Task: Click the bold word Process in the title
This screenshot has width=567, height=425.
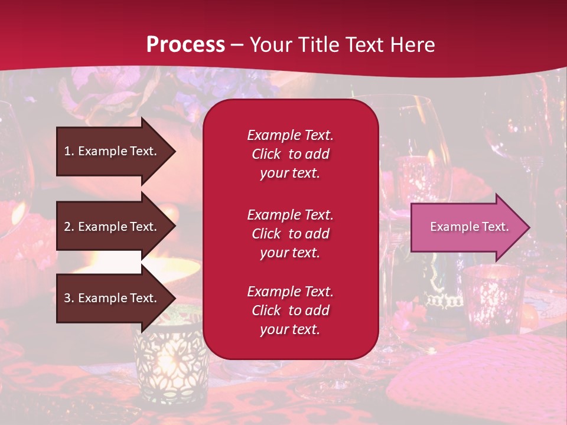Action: coord(185,45)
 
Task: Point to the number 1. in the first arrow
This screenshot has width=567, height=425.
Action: coord(69,151)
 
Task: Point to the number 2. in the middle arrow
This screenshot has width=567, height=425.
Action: coord(69,227)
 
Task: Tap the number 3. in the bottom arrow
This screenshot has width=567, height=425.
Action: coord(69,298)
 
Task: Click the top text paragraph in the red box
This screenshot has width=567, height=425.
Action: coord(290,154)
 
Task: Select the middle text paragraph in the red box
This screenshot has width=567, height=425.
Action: coord(290,234)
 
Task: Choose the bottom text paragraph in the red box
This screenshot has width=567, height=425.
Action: coord(290,310)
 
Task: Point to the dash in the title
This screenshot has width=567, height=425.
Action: coord(237,45)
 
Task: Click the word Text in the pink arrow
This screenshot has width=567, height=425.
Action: coord(496,227)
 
